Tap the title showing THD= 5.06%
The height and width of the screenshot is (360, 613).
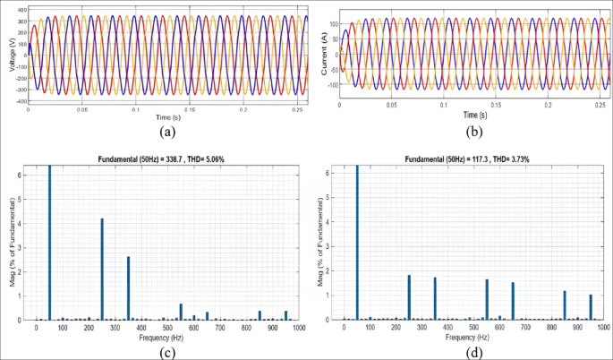166,159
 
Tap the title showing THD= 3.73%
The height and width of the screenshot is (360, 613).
473,159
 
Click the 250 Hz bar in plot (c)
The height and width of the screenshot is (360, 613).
102,269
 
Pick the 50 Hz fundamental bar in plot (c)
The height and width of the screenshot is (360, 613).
49,242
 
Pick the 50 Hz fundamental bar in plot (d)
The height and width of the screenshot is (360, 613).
357,242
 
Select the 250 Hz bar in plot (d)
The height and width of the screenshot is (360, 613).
409,296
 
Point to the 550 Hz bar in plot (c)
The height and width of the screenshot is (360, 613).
181,312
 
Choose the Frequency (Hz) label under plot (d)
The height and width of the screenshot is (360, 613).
470,337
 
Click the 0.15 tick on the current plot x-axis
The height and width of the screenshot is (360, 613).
497,105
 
